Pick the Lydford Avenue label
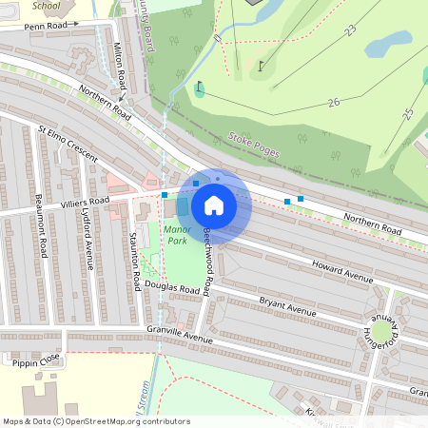(92, 243)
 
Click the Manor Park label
(178, 235)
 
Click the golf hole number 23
(350, 31)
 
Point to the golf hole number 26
(333, 102)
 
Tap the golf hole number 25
(408, 114)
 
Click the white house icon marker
(214, 204)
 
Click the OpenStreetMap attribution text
(96, 420)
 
